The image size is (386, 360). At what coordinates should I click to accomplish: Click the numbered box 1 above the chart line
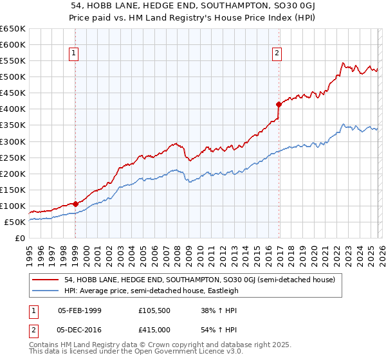(x=75, y=53)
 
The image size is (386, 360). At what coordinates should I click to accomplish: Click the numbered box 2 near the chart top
(x=277, y=53)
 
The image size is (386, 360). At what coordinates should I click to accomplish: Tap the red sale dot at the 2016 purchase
(x=279, y=104)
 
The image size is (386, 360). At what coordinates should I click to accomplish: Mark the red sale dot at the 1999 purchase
(x=75, y=204)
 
